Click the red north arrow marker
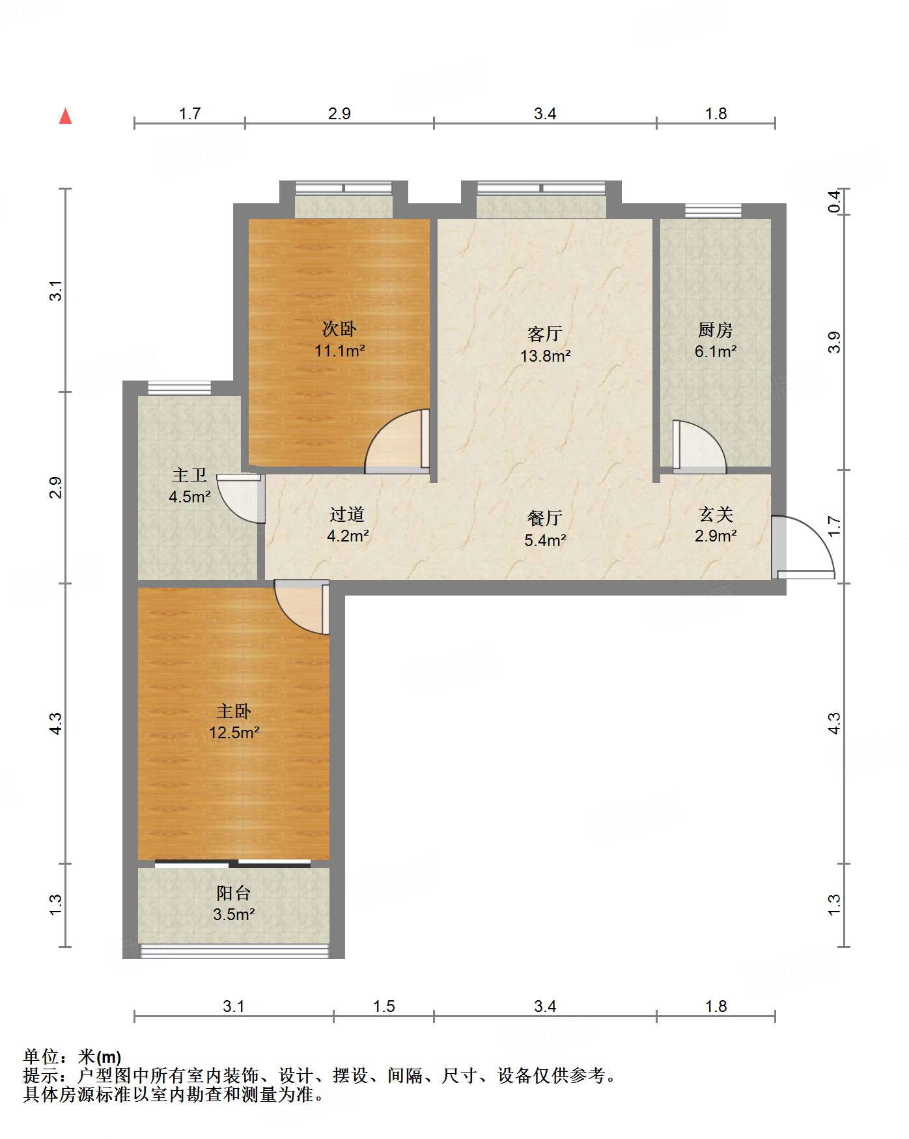click(65, 116)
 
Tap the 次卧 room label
click(339, 329)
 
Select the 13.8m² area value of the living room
click(545, 356)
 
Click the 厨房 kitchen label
click(715, 330)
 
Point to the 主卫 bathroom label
click(189, 475)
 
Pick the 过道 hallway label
click(347, 514)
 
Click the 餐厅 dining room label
click(545, 518)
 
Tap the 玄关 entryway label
click(716, 514)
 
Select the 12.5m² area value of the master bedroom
click(234, 732)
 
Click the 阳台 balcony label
click(234, 893)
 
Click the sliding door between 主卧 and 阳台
click(232, 864)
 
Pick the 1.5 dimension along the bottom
click(384, 1006)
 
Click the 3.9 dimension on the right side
click(834, 342)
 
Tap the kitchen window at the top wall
click(713, 210)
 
